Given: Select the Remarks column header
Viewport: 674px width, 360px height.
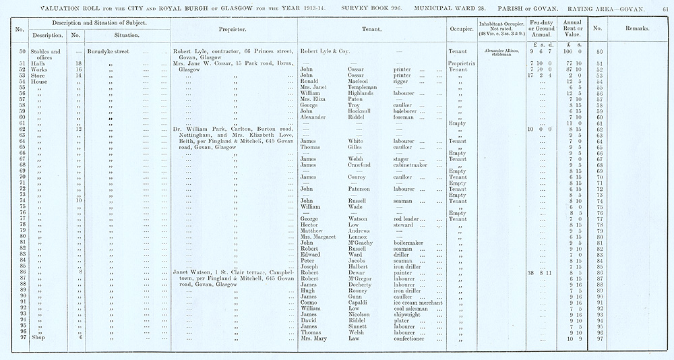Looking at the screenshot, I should [x=636, y=30].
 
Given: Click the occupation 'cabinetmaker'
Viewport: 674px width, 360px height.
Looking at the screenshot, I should [x=413, y=164].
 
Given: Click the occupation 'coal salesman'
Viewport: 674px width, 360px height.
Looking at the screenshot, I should [x=415, y=308].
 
